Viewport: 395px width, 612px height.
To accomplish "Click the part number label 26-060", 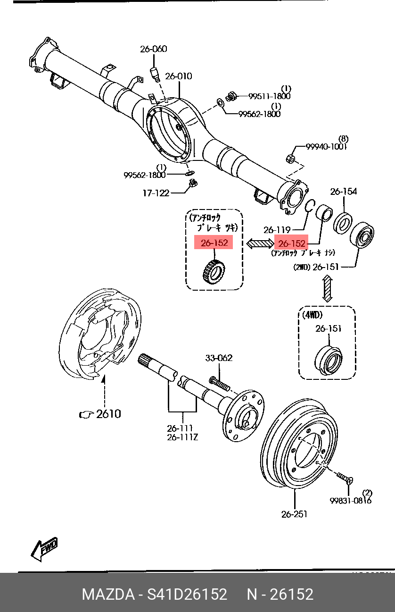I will coord(153,49).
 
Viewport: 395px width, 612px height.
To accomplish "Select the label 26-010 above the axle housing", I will coord(178,76).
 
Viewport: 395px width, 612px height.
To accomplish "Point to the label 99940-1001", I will coord(326,147).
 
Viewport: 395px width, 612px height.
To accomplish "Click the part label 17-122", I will coord(156,193).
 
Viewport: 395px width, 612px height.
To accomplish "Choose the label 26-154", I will coord(343,192).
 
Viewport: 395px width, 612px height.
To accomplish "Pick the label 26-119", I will coord(277,230).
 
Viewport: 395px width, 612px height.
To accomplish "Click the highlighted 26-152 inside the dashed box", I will coord(214,243).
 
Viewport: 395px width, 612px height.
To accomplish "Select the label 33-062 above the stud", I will coord(218,358).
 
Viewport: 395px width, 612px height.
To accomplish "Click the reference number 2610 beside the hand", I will coord(108,414).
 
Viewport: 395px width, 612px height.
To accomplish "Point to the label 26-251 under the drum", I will coord(294,514).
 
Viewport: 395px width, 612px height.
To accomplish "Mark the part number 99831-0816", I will coord(350,500).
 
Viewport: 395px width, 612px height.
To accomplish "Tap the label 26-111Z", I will coord(182,437).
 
